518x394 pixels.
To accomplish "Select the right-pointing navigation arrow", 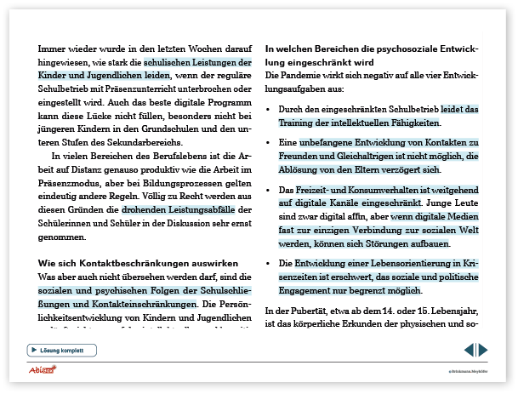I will (483, 350).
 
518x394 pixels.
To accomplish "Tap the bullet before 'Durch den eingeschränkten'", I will (270, 109).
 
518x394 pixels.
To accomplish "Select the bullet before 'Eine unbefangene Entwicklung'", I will (270, 143).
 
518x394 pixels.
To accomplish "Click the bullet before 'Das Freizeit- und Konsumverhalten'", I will (270, 190).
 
